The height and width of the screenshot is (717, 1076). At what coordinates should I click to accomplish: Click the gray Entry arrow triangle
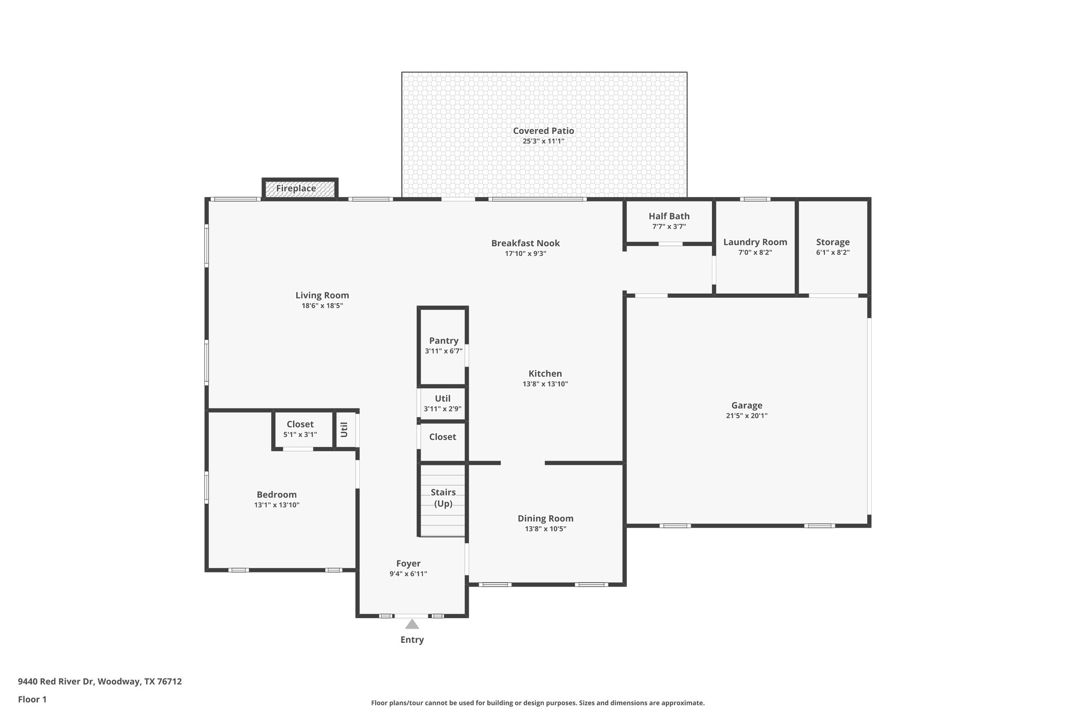[x=412, y=624]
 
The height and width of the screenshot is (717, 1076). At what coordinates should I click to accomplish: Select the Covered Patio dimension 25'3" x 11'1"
[x=543, y=141]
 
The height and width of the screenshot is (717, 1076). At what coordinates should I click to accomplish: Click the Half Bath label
[x=669, y=216]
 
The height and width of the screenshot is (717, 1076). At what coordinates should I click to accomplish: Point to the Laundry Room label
[x=755, y=242]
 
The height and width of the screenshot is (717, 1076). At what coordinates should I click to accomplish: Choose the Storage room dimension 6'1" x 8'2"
[x=833, y=252]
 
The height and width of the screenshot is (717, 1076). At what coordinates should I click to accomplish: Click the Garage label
[x=747, y=406]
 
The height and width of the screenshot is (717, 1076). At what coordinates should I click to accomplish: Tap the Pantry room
[x=443, y=346]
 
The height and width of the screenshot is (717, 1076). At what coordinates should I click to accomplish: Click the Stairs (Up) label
[x=443, y=497]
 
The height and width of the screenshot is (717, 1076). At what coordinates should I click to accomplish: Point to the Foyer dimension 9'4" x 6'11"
[x=408, y=574]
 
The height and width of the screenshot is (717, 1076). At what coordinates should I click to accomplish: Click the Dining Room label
[x=545, y=518]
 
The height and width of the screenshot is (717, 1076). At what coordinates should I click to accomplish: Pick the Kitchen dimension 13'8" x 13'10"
[x=545, y=384]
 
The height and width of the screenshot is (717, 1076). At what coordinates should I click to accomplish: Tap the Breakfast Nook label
[x=525, y=243]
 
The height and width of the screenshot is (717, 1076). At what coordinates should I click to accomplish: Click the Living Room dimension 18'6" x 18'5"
[x=322, y=306]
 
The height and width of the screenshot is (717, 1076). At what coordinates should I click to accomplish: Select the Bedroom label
[x=276, y=495]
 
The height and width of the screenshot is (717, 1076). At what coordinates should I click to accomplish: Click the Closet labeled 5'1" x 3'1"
[x=300, y=429]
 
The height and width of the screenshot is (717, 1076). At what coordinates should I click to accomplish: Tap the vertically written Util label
[x=345, y=430]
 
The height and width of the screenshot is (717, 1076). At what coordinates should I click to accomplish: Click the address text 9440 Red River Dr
[x=56, y=682]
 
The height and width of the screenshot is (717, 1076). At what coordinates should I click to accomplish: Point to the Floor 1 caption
[x=32, y=700]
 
